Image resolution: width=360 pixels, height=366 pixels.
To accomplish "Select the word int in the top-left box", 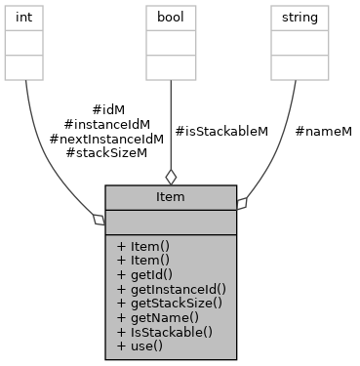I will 24,16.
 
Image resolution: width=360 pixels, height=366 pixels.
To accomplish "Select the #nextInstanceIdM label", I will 106,139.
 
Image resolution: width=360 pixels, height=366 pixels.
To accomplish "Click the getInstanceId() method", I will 170,289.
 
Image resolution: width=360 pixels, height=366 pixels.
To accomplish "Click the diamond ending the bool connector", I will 171,177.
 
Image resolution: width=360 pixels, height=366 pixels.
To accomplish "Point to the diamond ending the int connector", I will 99,220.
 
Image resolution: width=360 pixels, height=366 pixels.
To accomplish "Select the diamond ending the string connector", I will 242,203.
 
